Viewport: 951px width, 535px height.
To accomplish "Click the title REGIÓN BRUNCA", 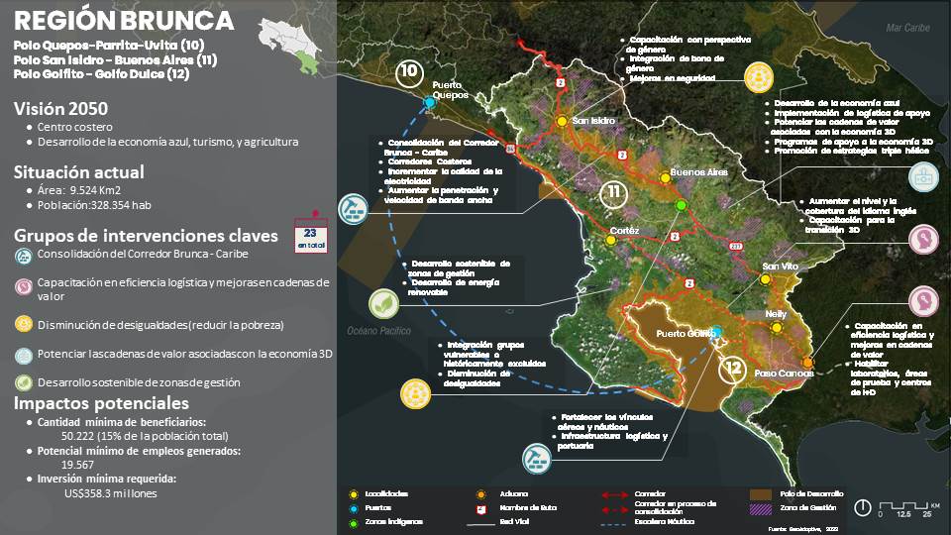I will pos(125,22).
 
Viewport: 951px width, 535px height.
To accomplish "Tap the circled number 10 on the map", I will pos(408,72).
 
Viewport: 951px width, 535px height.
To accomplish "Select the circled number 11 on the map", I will pos(615,192).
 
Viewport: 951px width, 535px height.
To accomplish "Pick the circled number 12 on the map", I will pos(734,369).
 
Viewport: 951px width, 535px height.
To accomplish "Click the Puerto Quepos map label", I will pos(449,90).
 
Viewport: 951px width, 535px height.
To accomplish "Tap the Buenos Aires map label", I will pos(698,172).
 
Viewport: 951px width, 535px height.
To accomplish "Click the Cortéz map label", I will pos(625,231).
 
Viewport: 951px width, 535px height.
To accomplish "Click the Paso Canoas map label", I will pos(784,374).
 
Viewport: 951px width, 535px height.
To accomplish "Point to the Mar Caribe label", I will pos(907,27).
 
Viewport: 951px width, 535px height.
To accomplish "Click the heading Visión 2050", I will pos(61,109).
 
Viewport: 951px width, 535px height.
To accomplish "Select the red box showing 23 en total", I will pos(313,237).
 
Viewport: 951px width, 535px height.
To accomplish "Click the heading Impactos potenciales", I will pos(101,404).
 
